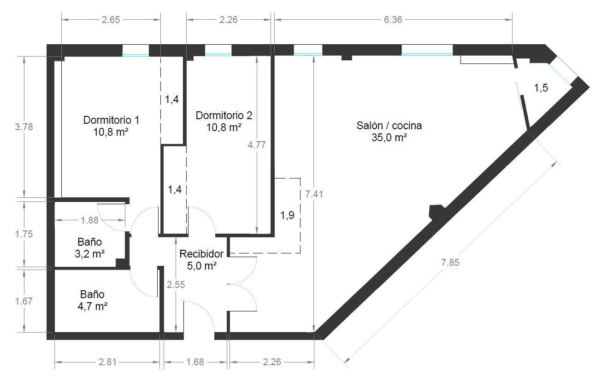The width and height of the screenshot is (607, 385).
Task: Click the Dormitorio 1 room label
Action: tap(111, 120)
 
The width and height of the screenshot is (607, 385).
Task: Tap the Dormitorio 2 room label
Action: tap(224, 115)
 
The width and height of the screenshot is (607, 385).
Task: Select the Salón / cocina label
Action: tap(389, 126)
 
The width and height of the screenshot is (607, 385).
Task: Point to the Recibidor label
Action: tap(201, 254)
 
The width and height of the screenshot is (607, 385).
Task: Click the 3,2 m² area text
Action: tap(90, 254)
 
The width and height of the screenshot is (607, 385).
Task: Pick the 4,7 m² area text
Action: tap(92, 307)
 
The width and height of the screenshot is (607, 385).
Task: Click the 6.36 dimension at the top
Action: tap(393, 20)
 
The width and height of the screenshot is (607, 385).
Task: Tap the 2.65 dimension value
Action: tap(111, 20)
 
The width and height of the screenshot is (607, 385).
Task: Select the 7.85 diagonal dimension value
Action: tap(450, 263)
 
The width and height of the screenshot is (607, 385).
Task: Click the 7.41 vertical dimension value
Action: tap(314, 194)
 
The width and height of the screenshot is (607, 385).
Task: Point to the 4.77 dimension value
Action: tap(257, 145)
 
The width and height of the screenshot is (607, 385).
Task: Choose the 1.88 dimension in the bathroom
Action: tap(89, 220)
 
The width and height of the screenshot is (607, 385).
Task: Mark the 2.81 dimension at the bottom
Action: tap(107, 362)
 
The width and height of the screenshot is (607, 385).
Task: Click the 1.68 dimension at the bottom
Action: tap(195, 362)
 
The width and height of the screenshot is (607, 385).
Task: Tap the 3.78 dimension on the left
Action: tap(24, 126)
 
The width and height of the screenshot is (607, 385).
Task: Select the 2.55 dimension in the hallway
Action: tap(176, 285)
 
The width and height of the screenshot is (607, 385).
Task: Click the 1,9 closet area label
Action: tap(287, 215)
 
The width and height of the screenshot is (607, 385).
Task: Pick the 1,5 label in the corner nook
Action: tap(541, 87)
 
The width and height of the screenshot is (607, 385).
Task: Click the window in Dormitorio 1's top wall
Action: tap(136, 51)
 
